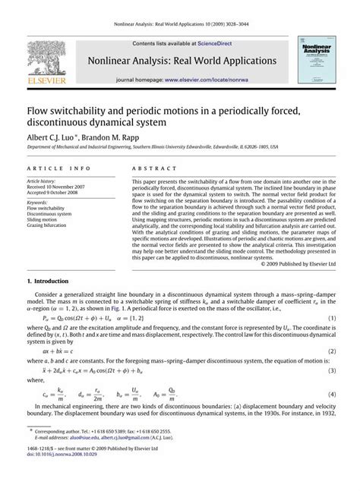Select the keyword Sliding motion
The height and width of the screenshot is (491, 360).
click(45, 219)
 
